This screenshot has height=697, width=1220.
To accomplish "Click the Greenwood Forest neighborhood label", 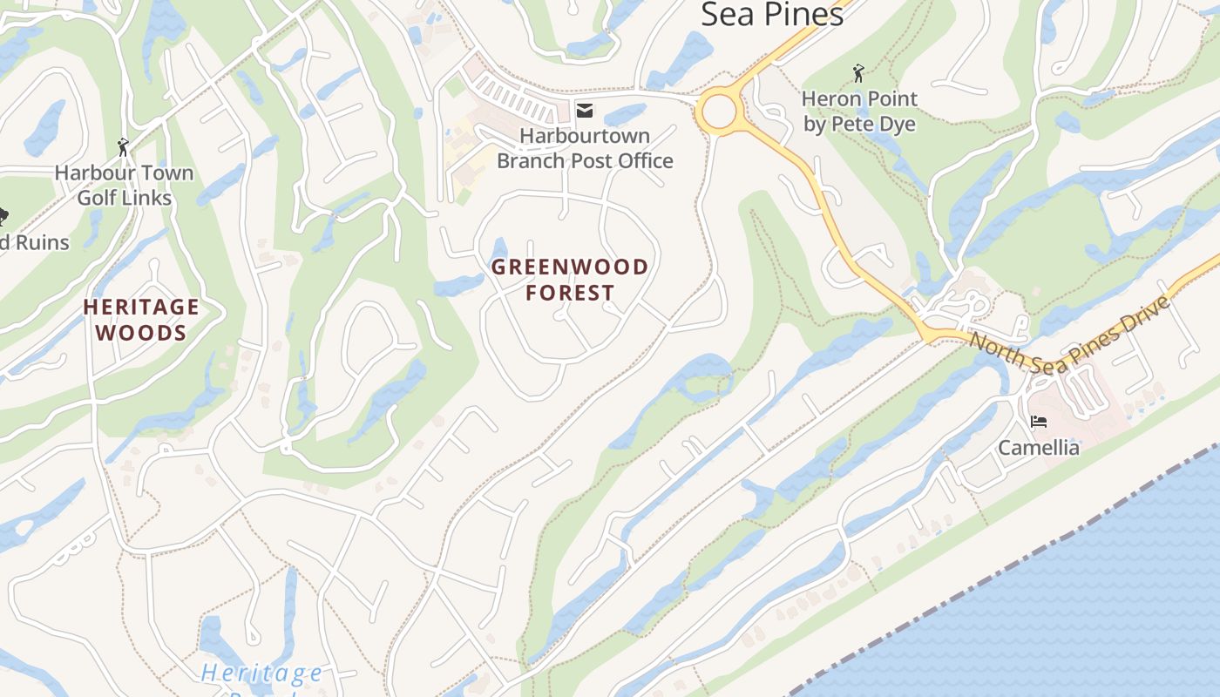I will coord(570,279).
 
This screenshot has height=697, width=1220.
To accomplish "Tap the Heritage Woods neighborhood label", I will coord(141,320).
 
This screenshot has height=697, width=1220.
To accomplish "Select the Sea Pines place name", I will coord(772,14).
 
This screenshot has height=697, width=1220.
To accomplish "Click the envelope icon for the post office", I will coord(585,110).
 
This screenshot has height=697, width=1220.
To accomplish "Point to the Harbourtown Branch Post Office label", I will coord(585,148).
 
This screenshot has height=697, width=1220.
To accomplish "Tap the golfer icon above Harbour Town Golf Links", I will coord(123,147).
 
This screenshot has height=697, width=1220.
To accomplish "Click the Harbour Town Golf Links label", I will coord(124,186).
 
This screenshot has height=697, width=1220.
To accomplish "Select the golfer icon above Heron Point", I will coord(858,73).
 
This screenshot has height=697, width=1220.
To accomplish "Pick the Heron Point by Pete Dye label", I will coord(859,112).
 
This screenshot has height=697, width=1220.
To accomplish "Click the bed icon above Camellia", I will coord(1038,422).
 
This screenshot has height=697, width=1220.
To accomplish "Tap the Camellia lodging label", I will coord(1038,448).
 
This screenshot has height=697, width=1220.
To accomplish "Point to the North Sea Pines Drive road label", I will coord(1068,335).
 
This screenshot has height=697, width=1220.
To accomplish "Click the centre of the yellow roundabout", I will coord(719,112).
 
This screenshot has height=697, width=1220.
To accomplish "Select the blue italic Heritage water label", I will coord(261,673).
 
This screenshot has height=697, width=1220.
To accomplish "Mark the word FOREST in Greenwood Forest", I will coord(570,293).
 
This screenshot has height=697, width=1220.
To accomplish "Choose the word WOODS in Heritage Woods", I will coord(141,333).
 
